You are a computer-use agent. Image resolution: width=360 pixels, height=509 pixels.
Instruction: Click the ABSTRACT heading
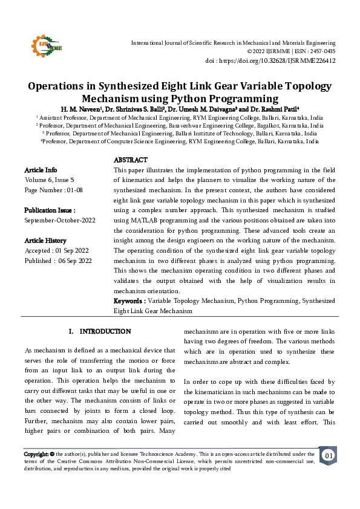(x=131, y=160)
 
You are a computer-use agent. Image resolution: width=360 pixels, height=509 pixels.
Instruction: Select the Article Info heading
(x=41, y=170)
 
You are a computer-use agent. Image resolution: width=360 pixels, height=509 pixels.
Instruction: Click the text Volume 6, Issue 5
(x=50, y=180)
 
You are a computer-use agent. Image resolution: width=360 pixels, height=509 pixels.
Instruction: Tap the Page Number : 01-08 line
(x=53, y=190)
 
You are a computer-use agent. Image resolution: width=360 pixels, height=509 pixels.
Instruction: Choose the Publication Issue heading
(x=50, y=210)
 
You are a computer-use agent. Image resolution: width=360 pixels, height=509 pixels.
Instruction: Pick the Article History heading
(x=46, y=241)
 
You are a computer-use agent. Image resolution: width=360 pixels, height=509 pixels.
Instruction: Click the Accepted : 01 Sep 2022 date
(x=57, y=250)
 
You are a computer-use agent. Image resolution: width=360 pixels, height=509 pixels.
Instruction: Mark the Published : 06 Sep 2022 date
(x=58, y=261)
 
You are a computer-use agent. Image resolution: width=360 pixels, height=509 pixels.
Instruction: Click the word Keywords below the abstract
(x=129, y=300)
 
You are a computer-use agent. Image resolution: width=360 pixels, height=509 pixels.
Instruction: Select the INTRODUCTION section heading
(x=105, y=331)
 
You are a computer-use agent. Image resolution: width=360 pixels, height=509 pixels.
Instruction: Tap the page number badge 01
(x=327, y=455)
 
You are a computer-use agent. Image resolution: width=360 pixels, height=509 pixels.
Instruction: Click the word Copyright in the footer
(x=36, y=453)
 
